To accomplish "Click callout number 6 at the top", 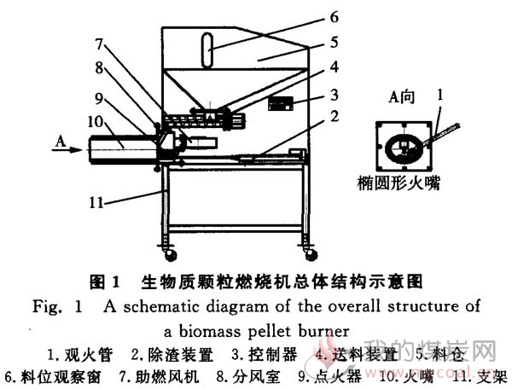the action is coord(334,17).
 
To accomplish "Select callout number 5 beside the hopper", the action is coord(334,43).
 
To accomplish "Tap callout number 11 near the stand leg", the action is coord(96,203).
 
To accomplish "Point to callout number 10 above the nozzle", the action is coord(95,122).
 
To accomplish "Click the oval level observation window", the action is coord(207,50).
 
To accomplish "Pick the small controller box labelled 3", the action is coord(281,103).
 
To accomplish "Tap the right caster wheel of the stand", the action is coord(311,254).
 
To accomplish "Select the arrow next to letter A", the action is coord(67,150).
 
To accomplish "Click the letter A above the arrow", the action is coord(61,142).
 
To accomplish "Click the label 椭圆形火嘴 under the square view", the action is coord(399,183).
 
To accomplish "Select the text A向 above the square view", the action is coord(401,97).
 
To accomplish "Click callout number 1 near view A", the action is coord(440,95).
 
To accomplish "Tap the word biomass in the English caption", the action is coord(210,331).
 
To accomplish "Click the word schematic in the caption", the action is coord(160,306).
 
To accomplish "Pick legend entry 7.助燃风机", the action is coord(159,376).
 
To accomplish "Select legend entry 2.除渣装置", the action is coord(172,355).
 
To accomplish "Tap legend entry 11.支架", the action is coord(480,376).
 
